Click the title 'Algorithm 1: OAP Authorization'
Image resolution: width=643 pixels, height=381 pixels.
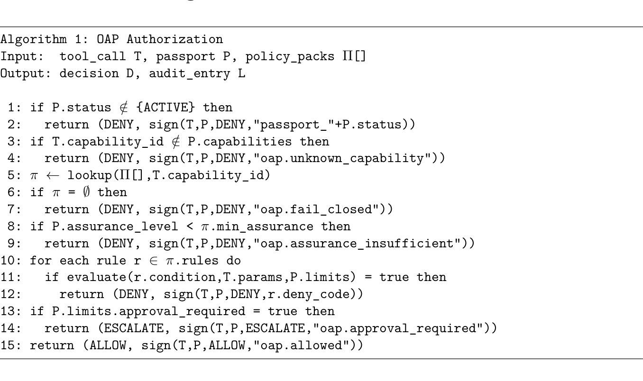111,39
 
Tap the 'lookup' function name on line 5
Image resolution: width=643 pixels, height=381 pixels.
89,175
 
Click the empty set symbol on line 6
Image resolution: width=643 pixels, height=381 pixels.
89,192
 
